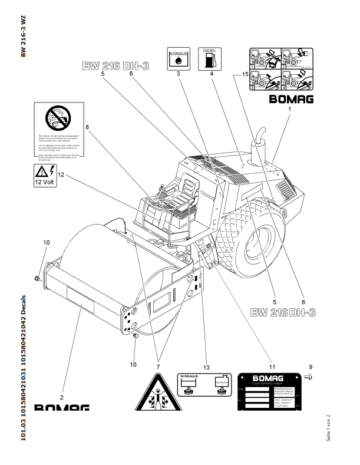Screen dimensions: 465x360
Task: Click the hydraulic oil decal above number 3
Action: point(177,57)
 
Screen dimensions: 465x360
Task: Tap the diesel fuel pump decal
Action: point(209,57)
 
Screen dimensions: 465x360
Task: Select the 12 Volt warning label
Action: point(45,175)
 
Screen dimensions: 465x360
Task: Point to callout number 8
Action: point(87,127)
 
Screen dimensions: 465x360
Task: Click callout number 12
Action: point(60,174)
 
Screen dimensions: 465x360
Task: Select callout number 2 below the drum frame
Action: point(61,388)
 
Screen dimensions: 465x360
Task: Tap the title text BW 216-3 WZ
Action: point(23,35)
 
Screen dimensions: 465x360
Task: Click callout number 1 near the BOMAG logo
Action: point(290,110)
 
